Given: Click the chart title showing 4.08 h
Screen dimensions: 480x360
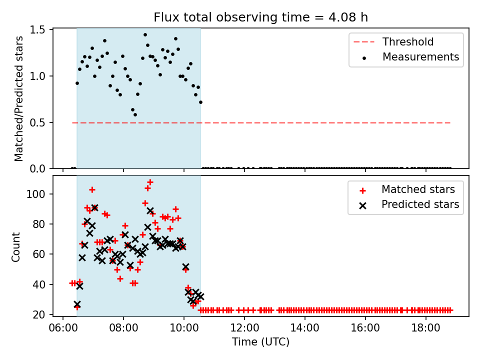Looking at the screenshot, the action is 260,17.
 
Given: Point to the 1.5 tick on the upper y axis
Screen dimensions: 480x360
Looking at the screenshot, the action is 37,29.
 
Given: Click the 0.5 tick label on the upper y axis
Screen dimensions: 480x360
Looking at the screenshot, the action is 37,122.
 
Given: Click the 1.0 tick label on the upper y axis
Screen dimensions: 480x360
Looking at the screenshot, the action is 37,76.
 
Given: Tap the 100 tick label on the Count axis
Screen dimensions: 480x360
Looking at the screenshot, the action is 36,194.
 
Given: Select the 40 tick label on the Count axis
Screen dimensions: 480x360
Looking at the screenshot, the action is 39,284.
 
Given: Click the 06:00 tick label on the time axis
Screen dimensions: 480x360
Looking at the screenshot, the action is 63,328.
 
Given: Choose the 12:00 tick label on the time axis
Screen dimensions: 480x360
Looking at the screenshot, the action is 244,328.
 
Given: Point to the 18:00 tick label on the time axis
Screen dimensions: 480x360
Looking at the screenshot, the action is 425,328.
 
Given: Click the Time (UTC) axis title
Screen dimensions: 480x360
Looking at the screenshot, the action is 260,341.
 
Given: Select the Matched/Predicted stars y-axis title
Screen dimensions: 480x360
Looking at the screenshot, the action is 18,98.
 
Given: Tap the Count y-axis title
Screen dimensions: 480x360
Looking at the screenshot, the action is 15,247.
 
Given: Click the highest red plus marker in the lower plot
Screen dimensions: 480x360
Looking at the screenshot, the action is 150,182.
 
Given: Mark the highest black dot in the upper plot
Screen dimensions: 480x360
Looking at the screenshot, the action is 145,35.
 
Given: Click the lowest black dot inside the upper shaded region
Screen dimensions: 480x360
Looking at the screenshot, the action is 135,115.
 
